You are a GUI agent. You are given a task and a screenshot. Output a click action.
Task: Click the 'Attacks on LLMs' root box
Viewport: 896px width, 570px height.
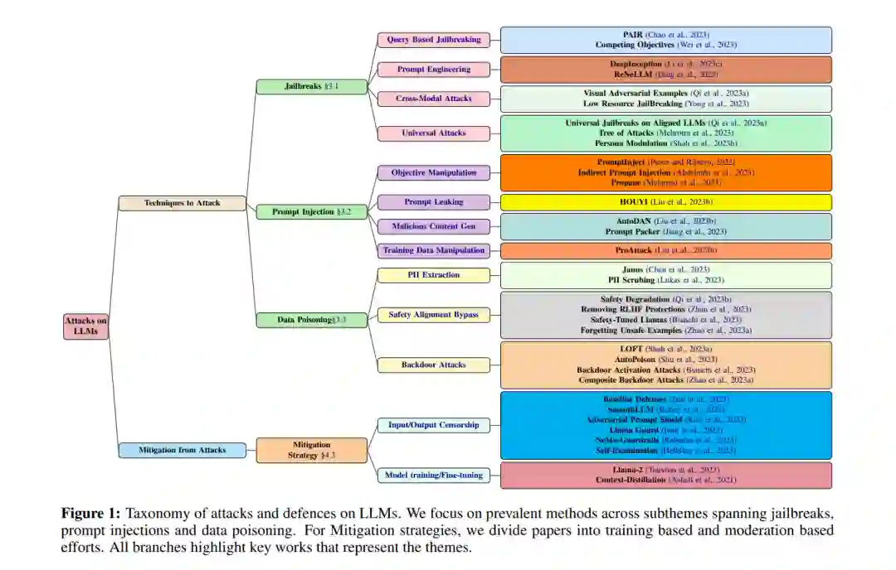(x=85, y=326)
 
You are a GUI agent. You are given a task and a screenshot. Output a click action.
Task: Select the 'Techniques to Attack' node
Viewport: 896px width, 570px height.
(x=182, y=203)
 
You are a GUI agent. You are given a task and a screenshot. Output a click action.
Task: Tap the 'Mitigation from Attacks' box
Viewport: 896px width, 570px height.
(x=182, y=450)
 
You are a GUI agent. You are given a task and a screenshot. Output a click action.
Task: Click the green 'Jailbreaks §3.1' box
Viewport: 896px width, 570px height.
(x=311, y=86)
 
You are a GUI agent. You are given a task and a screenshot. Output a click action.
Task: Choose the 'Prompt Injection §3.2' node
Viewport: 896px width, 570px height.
(x=311, y=212)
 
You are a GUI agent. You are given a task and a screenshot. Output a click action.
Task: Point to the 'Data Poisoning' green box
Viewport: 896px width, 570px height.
(x=311, y=320)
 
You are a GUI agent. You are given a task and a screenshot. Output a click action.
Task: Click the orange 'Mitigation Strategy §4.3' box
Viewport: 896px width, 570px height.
(x=311, y=450)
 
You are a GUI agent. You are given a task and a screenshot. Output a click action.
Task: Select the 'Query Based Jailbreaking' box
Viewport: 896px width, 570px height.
(x=433, y=40)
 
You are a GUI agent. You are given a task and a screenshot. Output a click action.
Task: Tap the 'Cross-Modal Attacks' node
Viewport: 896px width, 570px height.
(x=433, y=99)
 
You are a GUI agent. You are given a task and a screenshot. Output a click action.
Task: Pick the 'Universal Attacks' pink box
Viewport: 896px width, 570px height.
(x=433, y=133)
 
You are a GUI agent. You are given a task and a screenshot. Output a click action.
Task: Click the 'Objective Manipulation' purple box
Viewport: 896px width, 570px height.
(x=433, y=173)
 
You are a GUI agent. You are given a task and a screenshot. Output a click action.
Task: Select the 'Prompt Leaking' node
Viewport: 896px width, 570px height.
(x=433, y=202)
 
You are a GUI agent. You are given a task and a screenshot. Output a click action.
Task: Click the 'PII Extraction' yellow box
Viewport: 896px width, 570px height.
(x=433, y=275)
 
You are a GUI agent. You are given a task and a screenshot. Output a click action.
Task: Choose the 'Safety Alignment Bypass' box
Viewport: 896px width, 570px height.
(x=433, y=315)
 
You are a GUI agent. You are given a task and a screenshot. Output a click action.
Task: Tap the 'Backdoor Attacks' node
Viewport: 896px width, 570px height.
(x=433, y=365)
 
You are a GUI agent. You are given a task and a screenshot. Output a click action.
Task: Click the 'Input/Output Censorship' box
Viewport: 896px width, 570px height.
(x=433, y=425)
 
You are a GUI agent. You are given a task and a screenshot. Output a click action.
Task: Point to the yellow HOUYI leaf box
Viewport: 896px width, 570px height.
(x=665, y=202)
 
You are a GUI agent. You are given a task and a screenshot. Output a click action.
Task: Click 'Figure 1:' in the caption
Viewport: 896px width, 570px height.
(x=90, y=514)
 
